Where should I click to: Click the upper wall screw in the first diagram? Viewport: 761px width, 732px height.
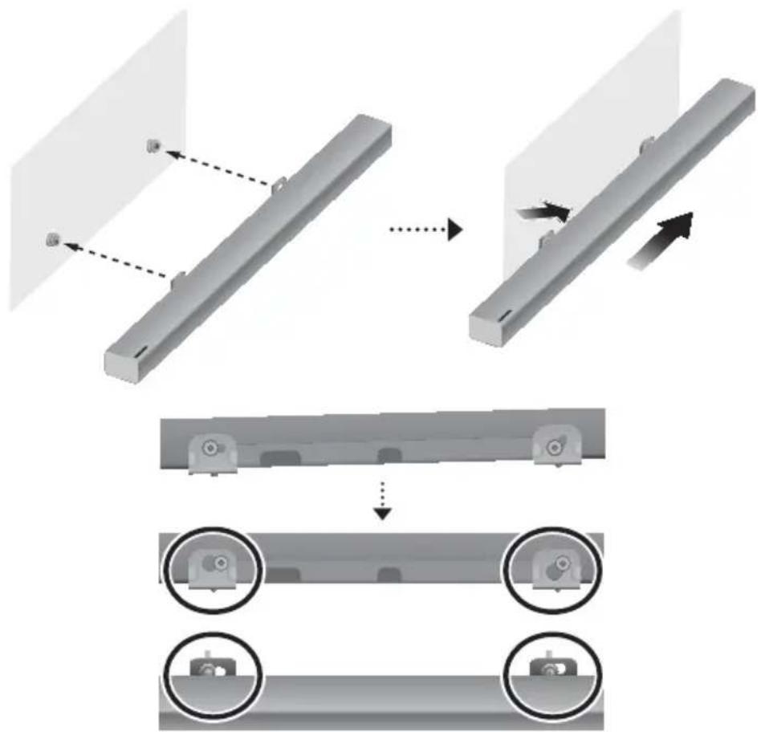[153, 145]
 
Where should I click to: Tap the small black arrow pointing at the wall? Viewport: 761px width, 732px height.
[546, 211]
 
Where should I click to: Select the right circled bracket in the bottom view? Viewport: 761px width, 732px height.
[548, 668]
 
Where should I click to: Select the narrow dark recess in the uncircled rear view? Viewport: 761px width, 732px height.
[389, 455]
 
